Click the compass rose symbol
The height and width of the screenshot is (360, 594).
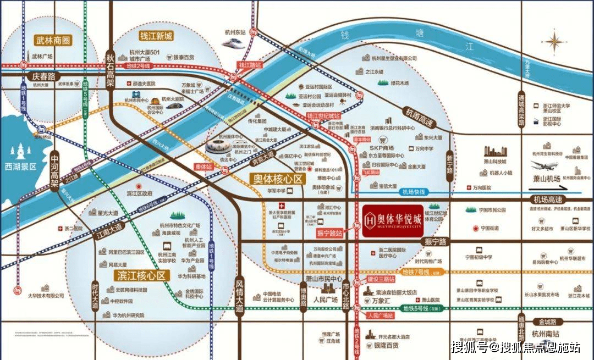coord(555,41)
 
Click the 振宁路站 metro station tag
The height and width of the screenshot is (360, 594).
coord(329,233)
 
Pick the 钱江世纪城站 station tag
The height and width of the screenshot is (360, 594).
coord(323,116)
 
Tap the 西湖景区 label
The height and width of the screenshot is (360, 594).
coord(19,165)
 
